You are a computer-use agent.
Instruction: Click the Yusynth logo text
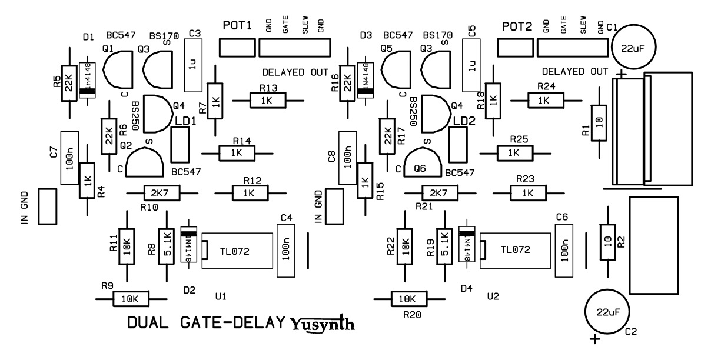(323, 324)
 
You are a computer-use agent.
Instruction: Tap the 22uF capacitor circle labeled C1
(634, 48)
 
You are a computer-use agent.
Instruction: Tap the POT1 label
(238, 26)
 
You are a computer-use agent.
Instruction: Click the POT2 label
(517, 27)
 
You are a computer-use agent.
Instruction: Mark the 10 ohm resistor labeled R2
(607, 242)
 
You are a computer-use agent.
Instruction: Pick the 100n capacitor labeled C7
(70, 157)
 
